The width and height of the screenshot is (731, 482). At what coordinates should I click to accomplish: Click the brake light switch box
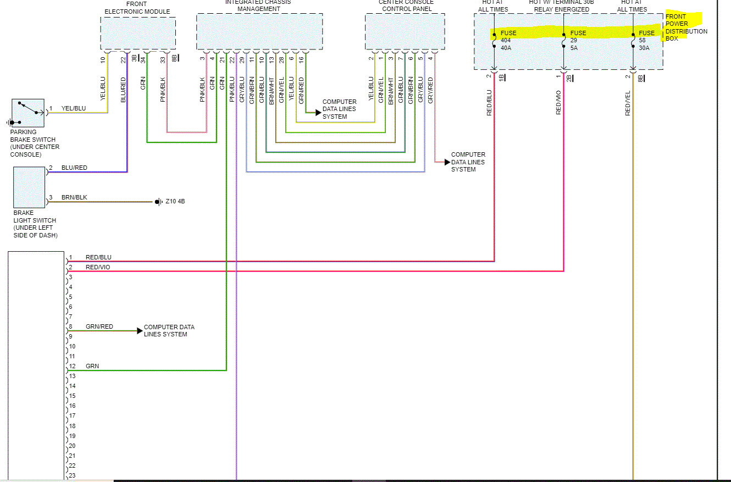pos(29,187)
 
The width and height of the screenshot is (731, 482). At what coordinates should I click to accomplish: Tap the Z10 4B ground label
pos(175,202)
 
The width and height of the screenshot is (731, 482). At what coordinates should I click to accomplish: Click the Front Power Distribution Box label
pos(686,27)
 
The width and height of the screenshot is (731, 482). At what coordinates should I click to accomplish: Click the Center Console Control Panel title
pos(407,5)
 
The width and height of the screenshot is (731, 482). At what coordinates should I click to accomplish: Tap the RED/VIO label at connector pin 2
pos(98,267)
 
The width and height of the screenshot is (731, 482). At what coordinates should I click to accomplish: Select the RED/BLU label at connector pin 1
pos(98,257)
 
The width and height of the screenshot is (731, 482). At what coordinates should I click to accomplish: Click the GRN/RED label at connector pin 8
pos(99,326)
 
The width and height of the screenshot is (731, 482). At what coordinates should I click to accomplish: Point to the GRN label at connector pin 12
pos(92,366)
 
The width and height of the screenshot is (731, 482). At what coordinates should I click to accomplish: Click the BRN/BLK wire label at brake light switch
pos(74,197)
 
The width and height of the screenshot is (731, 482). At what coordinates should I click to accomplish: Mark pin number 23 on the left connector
pos(72,476)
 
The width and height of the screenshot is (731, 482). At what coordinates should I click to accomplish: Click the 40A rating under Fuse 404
pos(506,48)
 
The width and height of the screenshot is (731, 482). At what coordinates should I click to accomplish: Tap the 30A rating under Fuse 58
pos(644,48)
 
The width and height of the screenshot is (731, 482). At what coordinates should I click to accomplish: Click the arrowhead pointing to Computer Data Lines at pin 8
pos(140,331)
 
